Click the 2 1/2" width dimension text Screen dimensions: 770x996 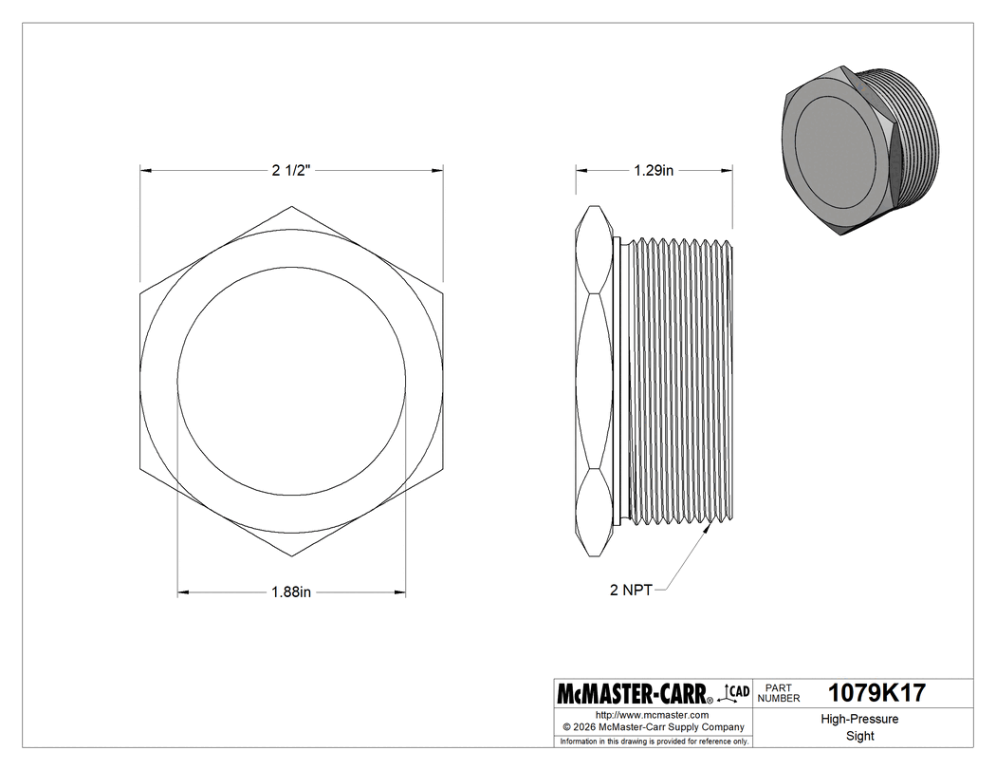coord(291,171)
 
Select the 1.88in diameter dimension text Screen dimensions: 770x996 coord(291,592)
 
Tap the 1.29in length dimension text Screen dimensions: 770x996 coord(654,171)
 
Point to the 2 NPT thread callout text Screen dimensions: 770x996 coord(631,590)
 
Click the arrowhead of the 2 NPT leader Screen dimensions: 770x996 coord(710,529)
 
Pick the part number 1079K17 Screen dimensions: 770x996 coord(876,693)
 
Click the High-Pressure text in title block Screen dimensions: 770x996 coord(859,719)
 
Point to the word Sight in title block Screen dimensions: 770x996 coord(859,736)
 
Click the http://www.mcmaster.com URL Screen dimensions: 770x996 coord(652,714)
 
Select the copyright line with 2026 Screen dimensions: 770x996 coord(652,726)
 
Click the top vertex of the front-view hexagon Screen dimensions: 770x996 coord(292,206)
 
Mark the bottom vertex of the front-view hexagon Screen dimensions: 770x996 coord(292,556)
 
